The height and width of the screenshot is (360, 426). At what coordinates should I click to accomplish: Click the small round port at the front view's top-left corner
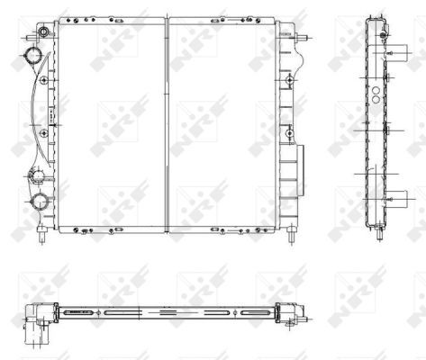(x=44, y=31)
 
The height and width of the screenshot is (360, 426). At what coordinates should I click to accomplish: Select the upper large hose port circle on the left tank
(x=33, y=56)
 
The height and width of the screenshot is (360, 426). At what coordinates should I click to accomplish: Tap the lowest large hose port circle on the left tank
(x=40, y=201)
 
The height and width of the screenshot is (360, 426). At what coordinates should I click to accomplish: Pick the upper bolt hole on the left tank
(x=44, y=80)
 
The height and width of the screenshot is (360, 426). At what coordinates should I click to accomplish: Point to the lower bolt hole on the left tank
(x=44, y=133)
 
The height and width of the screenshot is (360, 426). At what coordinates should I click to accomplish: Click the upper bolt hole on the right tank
(x=290, y=80)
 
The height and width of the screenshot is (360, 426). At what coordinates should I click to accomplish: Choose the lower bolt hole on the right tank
(x=290, y=133)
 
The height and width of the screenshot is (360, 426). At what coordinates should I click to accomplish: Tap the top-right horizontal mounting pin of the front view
(x=301, y=39)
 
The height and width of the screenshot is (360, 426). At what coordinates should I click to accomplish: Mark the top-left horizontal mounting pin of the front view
(x=32, y=39)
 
